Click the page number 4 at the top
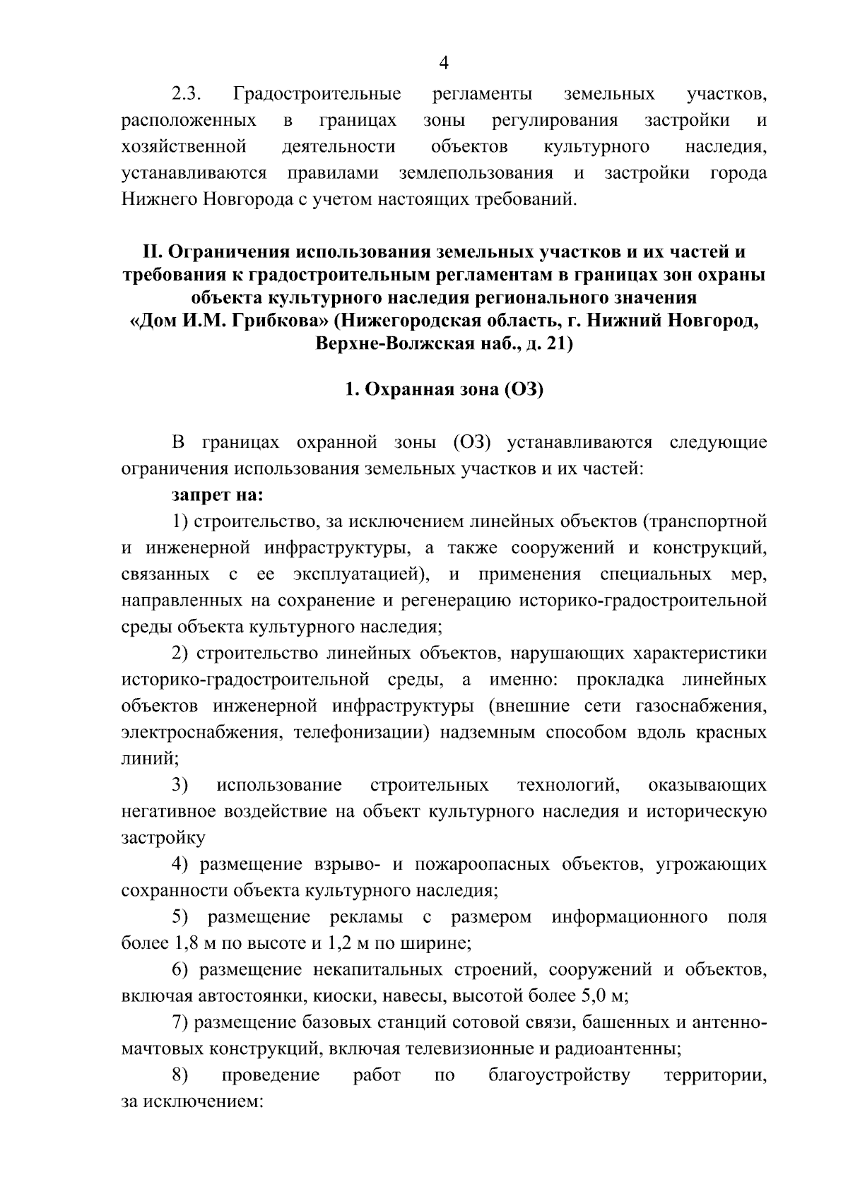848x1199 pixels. point(444,63)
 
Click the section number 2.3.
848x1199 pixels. point(187,94)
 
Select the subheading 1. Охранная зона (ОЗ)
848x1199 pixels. point(443,390)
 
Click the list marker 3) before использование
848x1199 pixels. point(179,785)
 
